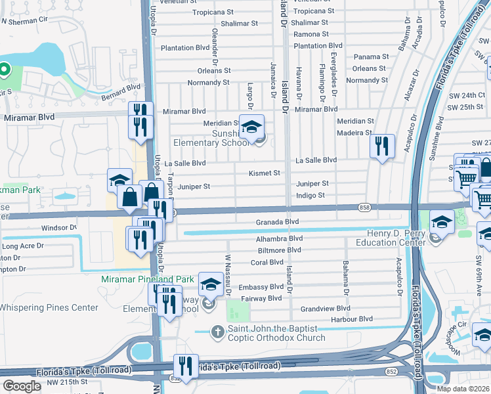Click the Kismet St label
(265, 173)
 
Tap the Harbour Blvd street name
(352, 319)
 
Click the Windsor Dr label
(59, 228)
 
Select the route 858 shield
(364, 208)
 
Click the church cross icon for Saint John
(218, 332)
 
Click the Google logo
(22, 386)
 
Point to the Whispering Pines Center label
(48, 307)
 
